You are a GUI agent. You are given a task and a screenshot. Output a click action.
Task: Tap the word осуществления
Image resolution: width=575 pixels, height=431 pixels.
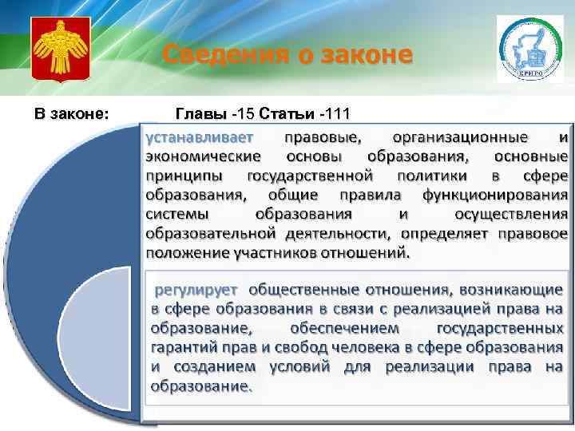[x=511, y=214]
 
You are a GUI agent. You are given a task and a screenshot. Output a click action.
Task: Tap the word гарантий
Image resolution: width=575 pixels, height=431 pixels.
[x=183, y=347]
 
